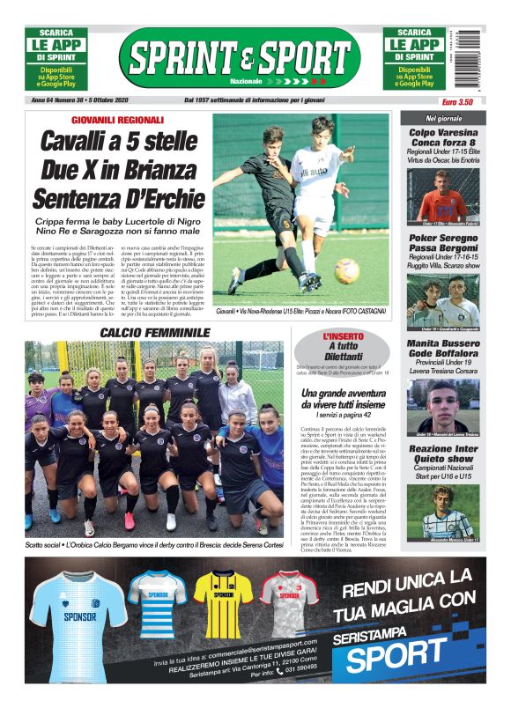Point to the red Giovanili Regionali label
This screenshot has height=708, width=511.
pyautogui.click(x=118, y=120)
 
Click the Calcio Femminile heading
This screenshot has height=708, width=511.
pyautogui.click(x=155, y=333)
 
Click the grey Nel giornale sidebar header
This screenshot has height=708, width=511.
pyautogui.click(x=443, y=118)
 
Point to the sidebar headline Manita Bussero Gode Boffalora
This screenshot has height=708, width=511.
pyautogui.click(x=442, y=351)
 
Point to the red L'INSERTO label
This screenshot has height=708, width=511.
pyautogui.click(x=338, y=336)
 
